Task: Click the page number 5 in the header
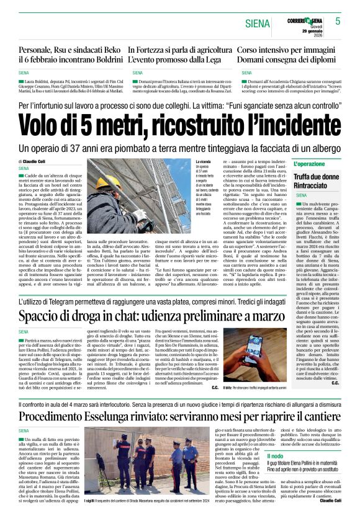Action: tap(338, 20)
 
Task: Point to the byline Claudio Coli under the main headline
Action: tap(39, 161)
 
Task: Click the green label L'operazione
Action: tap(309, 164)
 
